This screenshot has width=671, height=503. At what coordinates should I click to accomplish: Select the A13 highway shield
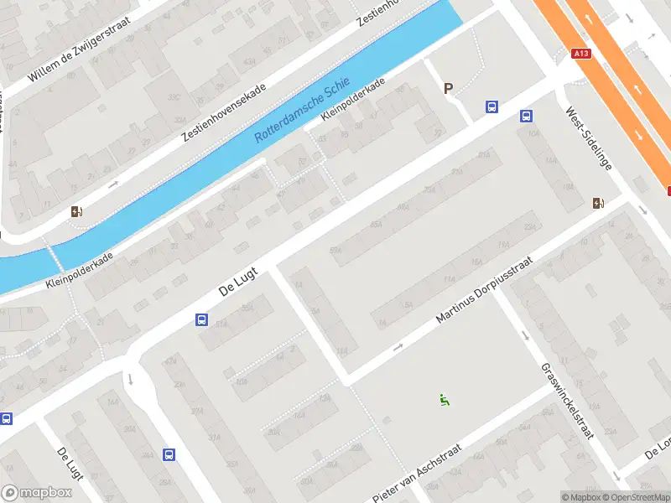580,54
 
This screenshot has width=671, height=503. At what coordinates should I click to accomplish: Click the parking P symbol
448,88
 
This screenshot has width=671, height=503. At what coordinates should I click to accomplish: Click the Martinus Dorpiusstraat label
484,293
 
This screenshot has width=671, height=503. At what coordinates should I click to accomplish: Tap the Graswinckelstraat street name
568,402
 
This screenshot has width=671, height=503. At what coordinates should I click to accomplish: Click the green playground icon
444,400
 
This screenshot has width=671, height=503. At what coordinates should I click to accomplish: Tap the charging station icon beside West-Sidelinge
598,203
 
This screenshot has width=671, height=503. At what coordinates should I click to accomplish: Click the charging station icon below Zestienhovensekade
77,212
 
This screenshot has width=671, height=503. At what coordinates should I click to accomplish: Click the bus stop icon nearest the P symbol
492,106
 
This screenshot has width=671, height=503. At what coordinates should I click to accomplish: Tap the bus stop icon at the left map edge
6,418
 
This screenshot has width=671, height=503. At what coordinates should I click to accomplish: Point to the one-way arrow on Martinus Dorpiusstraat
398,345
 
